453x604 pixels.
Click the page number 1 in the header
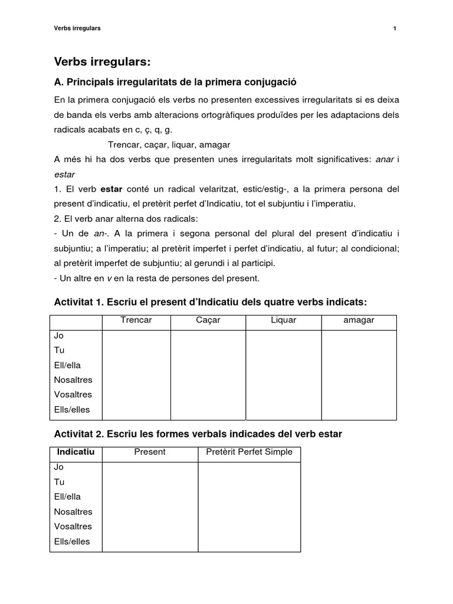(x=394, y=28)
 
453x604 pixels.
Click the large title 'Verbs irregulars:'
(x=102, y=61)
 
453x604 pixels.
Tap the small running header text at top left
(x=77, y=28)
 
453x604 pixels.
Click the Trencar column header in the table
(x=136, y=320)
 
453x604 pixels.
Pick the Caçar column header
(x=208, y=320)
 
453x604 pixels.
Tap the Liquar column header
(x=283, y=320)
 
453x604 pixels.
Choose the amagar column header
(x=359, y=320)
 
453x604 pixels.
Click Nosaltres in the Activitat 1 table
(x=73, y=380)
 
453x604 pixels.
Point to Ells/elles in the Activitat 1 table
(x=72, y=410)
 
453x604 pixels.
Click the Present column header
(x=150, y=452)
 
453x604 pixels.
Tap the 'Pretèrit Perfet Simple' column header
(x=248, y=452)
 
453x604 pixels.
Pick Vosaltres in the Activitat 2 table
(x=73, y=527)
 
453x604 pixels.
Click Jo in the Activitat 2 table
(x=58, y=467)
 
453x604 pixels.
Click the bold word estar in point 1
(x=111, y=189)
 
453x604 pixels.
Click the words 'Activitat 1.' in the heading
(x=78, y=303)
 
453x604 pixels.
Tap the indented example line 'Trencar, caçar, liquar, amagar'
(x=169, y=145)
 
